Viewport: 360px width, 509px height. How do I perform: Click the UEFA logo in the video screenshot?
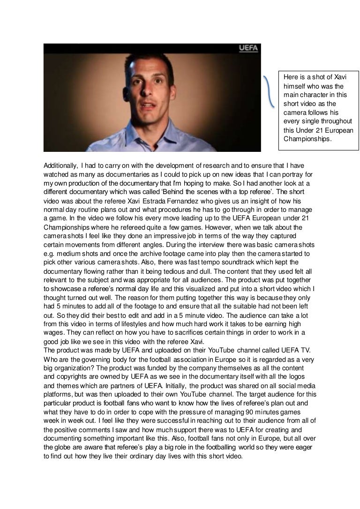pyautogui.click(x=247, y=48)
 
